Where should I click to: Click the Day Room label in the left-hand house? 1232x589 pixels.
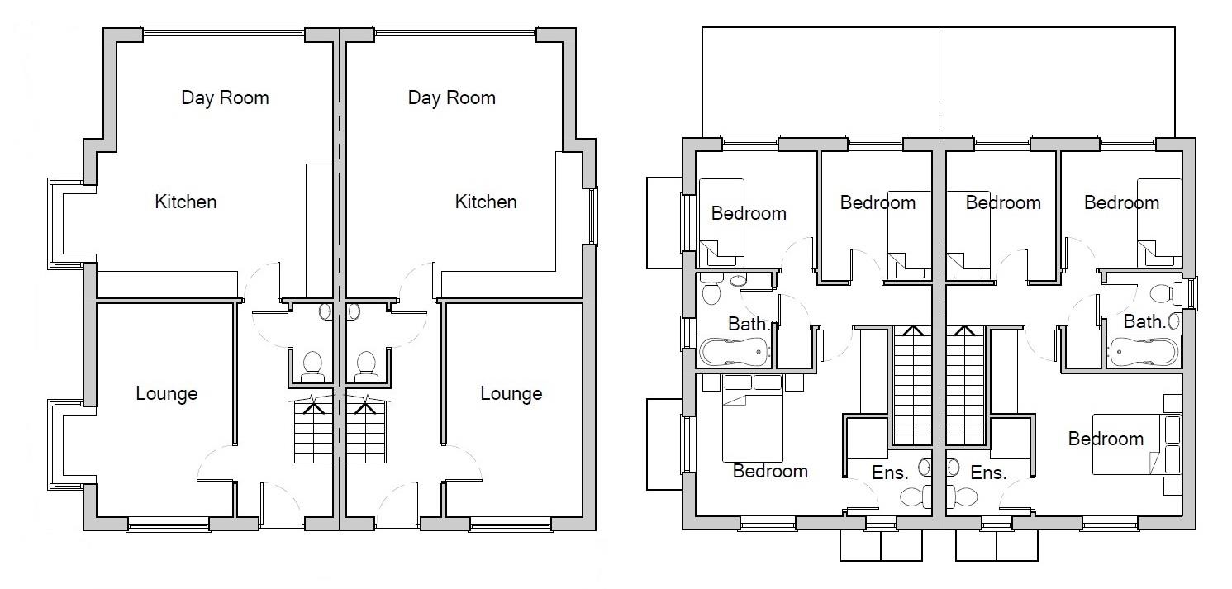pyautogui.click(x=225, y=98)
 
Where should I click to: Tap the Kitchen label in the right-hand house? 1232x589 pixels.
pyautogui.click(x=486, y=202)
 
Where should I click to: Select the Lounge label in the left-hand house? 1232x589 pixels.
pyautogui.click(x=166, y=394)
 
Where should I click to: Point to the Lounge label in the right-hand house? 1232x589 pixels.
pyautogui.click(x=511, y=394)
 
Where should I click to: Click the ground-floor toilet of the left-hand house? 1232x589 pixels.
pyautogui.click(x=312, y=365)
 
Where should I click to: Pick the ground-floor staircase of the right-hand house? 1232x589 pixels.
pyautogui.click(x=366, y=431)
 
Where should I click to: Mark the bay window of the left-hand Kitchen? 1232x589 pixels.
pyautogui.click(x=55, y=223)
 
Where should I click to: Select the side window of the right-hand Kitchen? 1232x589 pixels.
pyautogui.click(x=590, y=216)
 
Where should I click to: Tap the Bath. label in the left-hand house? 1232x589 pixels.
pyautogui.click(x=749, y=325)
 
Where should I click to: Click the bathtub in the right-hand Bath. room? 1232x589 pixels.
pyautogui.click(x=1144, y=352)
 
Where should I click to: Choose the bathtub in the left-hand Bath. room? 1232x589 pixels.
pyautogui.click(x=735, y=352)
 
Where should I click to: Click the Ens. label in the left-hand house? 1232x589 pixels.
pyautogui.click(x=890, y=473)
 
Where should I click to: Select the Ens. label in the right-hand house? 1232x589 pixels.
pyautogui.click(x=988, y=473)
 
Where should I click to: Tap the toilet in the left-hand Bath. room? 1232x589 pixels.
pyautogui.click(x=711, y=292)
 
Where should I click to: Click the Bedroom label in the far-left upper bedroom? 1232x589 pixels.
pyautogui.click(x=749, y=213)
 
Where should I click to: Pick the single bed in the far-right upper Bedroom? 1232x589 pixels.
pyautogui.click(x=1159, y=219)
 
